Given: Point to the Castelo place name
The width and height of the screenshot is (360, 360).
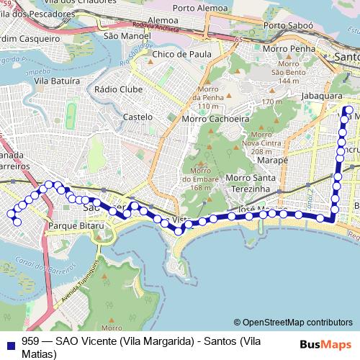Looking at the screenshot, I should tap(138, 116).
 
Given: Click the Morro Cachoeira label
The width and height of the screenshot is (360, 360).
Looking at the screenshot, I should tap(215, 118).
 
